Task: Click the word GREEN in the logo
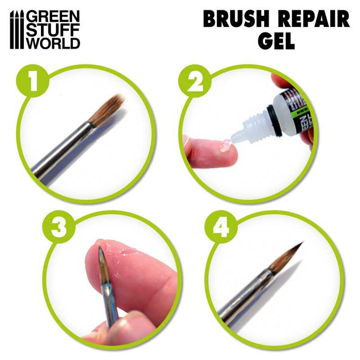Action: click(54, 17)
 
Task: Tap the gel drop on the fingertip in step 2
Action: click(225, 145)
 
